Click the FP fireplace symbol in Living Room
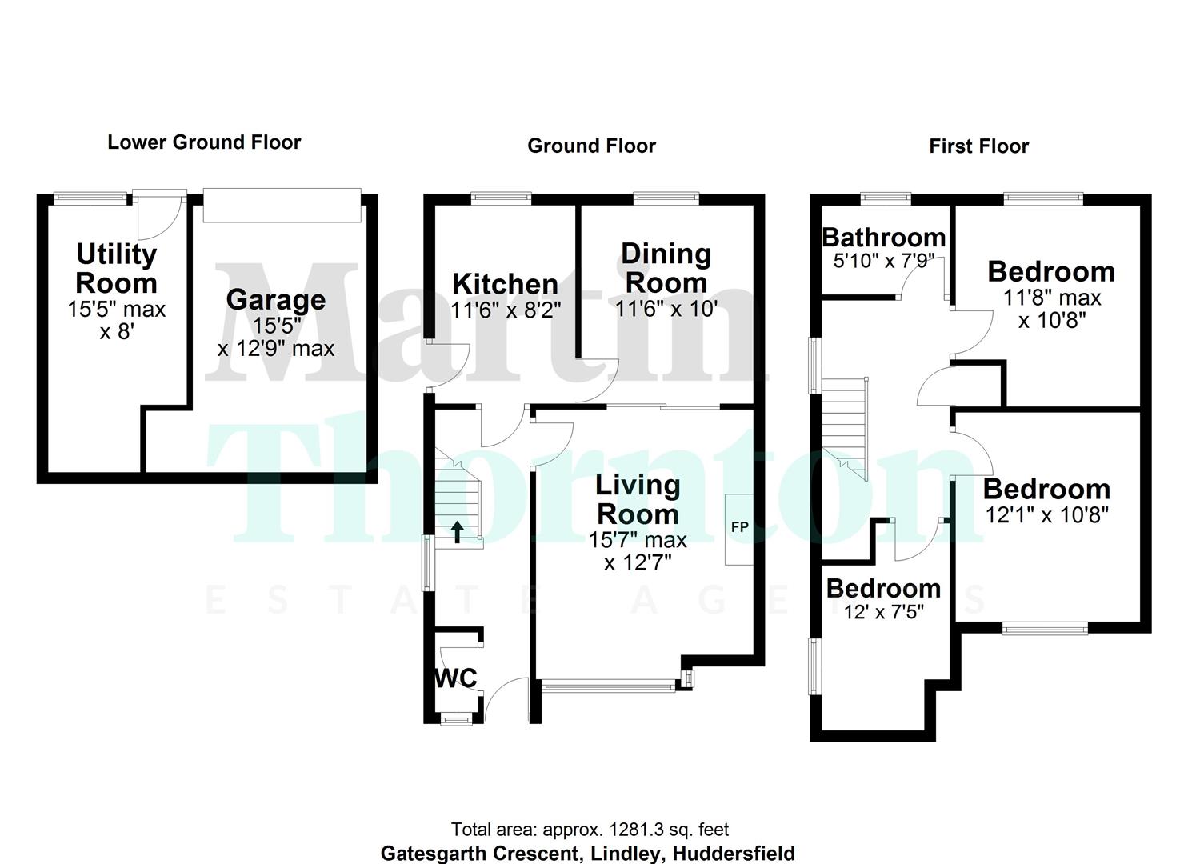[x=739, y=528]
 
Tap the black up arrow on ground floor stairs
[x=457, y=532]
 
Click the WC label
[x=455, y=678]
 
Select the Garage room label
[x=275, y=300]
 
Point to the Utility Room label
[x=116, y=269]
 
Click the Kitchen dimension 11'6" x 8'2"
[x=506, y=310]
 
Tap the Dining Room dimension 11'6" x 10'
[x=666, y=309]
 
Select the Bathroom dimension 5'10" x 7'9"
[x=883, y=261]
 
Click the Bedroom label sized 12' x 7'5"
[x=883, y=589]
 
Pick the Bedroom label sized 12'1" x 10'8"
[x=1046, y=489]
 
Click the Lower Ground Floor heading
[x=204, y=142]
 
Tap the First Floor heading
[x=978, y=146]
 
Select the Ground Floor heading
[x=591, y=146]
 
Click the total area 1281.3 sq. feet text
[x=590, y=830]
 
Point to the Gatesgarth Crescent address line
[x=587, y=853]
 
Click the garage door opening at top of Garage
[x=282, y=206]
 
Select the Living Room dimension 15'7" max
[x=638, y=540]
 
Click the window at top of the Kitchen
[x=502, y=196]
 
